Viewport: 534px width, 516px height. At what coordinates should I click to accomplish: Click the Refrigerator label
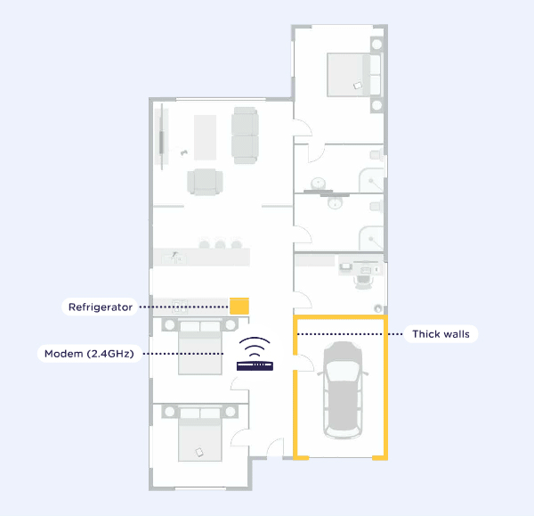[100, 307]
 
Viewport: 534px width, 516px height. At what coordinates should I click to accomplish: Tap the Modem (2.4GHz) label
[89, 354]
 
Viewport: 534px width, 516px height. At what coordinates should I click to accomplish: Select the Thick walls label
[441, 334]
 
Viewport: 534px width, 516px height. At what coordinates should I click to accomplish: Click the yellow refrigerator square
[239, 306]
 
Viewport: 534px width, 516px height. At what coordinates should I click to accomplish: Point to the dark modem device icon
[255, 366]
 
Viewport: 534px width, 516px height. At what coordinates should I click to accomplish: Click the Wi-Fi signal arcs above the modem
[255, 346]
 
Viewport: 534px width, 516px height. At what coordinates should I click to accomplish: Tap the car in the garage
[343, 389]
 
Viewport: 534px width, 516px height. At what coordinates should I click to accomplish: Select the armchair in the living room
[205, 182]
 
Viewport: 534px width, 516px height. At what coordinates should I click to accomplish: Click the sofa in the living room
[245, 135]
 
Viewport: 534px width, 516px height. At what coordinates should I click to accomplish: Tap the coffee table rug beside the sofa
[205, 137]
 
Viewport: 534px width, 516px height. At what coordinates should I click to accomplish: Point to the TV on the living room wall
[162, 136]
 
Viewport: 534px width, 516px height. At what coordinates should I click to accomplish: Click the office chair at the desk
[363, 281]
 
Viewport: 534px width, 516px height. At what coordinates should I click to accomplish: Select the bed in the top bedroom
[354, 75]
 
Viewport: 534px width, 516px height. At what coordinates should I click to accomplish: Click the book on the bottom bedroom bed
[198, 452]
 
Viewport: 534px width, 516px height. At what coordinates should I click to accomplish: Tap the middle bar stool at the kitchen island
[220, 244]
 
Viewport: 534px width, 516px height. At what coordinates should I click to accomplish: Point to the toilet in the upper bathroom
[376, 155]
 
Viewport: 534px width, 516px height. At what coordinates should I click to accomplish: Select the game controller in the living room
[184, 152]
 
